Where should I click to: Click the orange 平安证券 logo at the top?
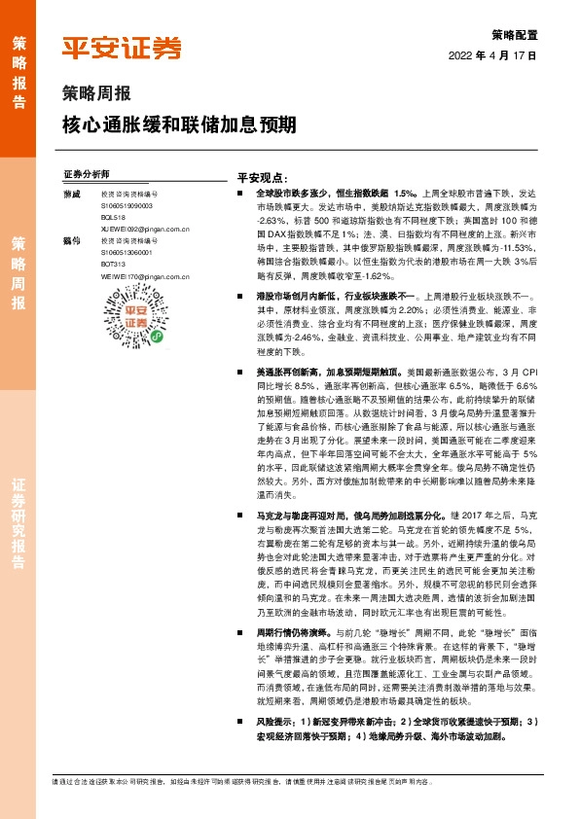[x=122, y=49]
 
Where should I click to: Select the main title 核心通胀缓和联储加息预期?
[x=179, y=126]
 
